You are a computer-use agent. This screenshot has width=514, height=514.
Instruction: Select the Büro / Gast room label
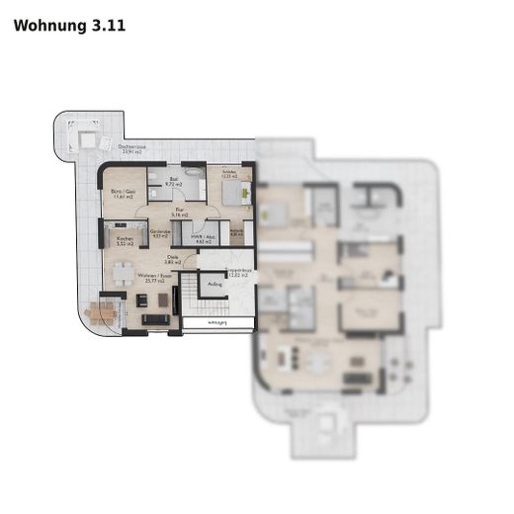point(123,196)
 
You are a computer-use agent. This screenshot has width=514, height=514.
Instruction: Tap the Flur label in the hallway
point(180,212)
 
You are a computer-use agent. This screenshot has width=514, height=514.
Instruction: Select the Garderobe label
point(160,234)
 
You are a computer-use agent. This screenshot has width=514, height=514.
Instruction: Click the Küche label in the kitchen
point(125,240)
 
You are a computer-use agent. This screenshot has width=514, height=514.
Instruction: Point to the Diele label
point(172,261)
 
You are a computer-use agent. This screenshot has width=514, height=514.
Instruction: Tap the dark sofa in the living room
point(154,318)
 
